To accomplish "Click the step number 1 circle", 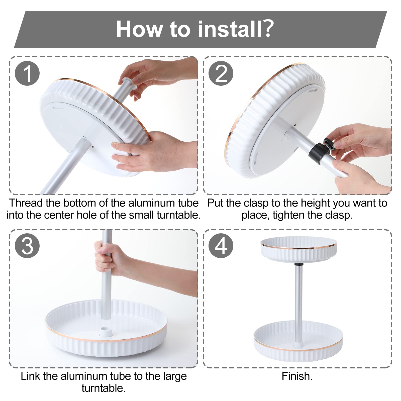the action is (27, 73).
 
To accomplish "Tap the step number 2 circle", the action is (221, 73).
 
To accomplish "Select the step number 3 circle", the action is (27, 246).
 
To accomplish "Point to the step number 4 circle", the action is (221, 246).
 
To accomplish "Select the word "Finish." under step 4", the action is (297, 376).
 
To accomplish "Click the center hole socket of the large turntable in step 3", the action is (106, 331).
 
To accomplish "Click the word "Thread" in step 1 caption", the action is (26, 203).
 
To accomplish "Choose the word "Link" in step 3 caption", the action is (30, 376).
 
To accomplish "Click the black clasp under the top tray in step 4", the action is (298, 264).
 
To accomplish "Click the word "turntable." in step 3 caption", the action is (104, 388).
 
